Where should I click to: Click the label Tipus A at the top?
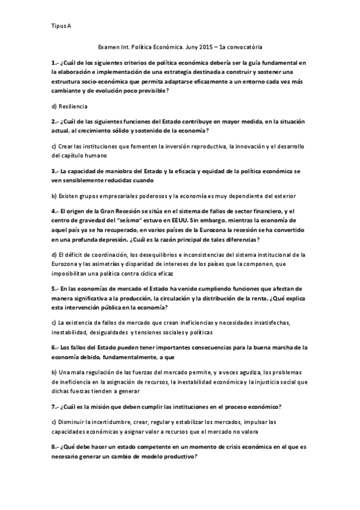[61, 26]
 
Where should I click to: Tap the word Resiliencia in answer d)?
[73, 106]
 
